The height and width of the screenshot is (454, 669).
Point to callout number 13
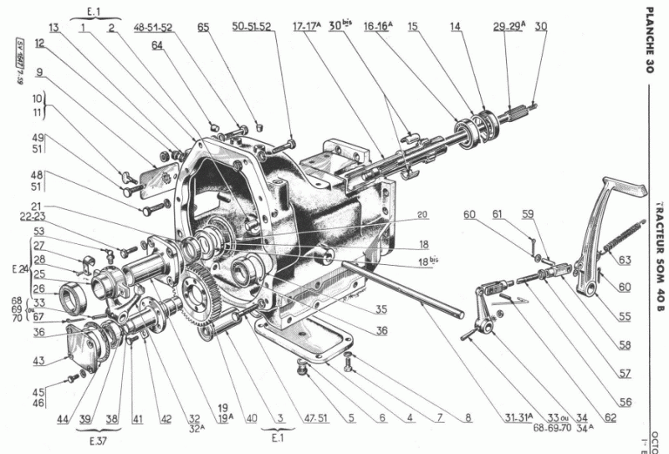[54, 28]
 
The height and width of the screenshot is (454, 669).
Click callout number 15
[412, 28]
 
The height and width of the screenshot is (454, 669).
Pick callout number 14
[454, 28]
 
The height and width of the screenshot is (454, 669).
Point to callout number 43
[38, 360]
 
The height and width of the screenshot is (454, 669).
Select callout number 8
[467, 415]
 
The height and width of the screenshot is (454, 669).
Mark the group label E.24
[18, 271]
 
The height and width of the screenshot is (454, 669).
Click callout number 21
[38, 206]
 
